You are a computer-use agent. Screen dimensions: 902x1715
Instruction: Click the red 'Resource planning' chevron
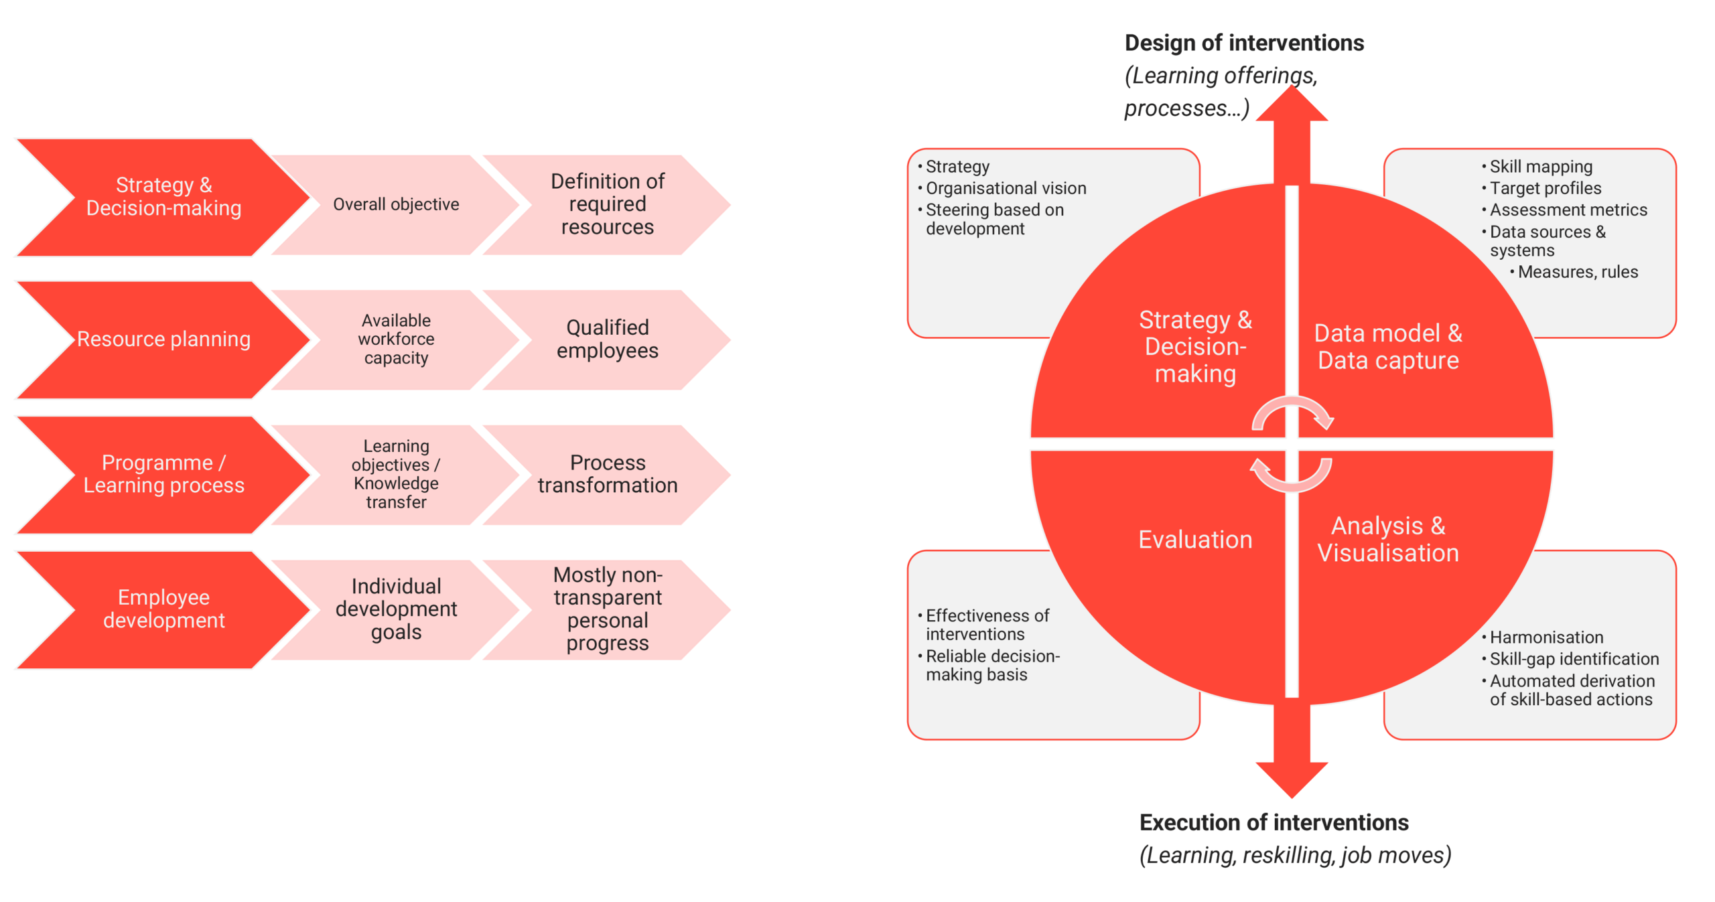163,340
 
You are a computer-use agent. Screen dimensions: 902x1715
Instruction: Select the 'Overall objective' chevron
396,204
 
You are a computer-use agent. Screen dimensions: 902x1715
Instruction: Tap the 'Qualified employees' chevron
607,340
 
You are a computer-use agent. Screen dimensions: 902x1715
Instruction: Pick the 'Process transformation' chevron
607,474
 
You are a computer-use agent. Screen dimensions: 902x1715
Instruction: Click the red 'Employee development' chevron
163,609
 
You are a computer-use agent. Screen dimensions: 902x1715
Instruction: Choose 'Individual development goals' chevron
396,609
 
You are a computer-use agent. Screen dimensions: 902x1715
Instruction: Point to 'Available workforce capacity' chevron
396,340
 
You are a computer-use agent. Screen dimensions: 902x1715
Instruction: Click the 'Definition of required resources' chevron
607,204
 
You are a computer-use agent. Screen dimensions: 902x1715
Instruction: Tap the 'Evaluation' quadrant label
1195,540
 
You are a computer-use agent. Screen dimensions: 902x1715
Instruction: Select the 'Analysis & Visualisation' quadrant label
1388,540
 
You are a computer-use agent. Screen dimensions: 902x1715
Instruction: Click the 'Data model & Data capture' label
1388,347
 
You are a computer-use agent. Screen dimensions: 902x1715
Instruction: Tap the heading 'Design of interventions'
1244,43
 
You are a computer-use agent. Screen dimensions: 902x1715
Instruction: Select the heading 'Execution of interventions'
1274,822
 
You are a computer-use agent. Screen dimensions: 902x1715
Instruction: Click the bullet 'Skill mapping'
1541,167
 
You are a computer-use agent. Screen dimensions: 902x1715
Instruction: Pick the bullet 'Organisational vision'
1006,188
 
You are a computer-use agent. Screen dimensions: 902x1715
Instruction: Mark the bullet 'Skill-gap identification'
1574,659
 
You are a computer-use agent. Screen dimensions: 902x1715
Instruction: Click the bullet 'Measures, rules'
1578,272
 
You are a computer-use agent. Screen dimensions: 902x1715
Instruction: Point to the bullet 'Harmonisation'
1546,637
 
